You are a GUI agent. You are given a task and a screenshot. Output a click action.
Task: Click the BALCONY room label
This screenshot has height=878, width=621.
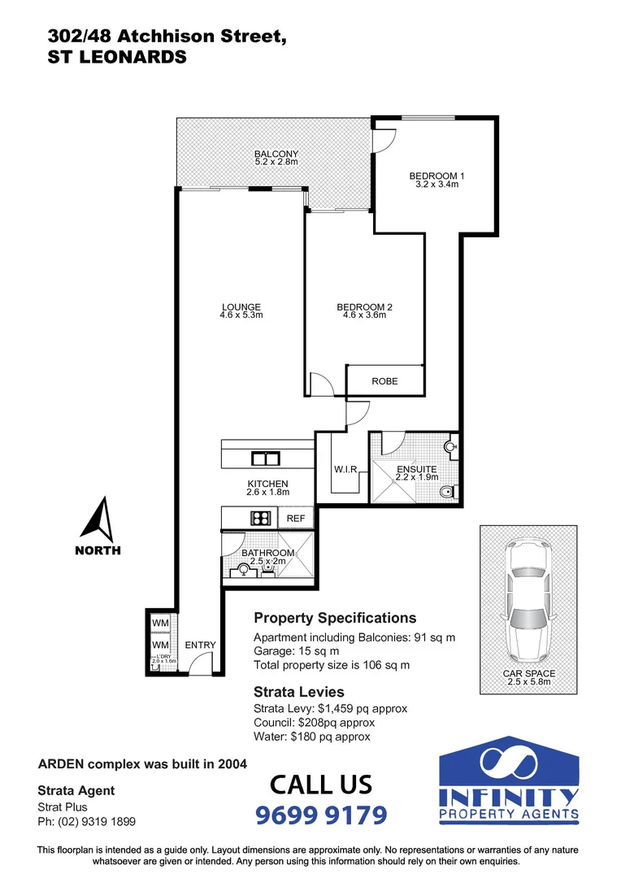(276, 154)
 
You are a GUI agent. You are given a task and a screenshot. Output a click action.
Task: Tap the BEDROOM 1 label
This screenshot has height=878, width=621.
(436, 176)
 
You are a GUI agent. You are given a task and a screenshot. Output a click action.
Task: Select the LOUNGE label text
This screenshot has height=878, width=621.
(241, 306)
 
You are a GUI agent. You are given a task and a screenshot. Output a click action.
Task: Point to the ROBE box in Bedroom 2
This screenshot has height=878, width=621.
(384, 380)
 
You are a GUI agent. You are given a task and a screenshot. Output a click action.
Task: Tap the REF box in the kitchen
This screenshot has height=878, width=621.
(295, 518)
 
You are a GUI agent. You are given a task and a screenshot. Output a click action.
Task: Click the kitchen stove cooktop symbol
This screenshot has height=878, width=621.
(260, 517)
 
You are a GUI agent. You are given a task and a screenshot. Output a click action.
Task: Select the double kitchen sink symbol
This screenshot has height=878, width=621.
(265, 459)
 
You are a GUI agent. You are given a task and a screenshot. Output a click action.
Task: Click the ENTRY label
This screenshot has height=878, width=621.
(200, 645)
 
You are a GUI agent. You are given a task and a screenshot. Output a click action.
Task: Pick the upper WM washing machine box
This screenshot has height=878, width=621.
(160, 624)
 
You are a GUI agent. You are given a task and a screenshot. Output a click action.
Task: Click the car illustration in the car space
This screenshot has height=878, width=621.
(528, 601)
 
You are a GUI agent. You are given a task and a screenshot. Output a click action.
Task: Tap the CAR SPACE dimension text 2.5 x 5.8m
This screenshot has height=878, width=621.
(528, 681)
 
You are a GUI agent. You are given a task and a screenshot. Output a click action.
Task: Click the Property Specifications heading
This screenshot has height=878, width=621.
(335, 618)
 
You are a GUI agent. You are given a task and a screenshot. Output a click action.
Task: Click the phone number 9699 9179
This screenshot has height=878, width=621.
(321, 814)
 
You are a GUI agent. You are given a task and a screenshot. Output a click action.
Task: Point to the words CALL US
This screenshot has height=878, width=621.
(321, 785)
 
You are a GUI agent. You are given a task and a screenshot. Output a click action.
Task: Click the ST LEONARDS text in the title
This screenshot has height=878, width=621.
(117, 57)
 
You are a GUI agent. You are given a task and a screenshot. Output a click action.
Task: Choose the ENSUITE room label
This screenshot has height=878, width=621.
(417, 469)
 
